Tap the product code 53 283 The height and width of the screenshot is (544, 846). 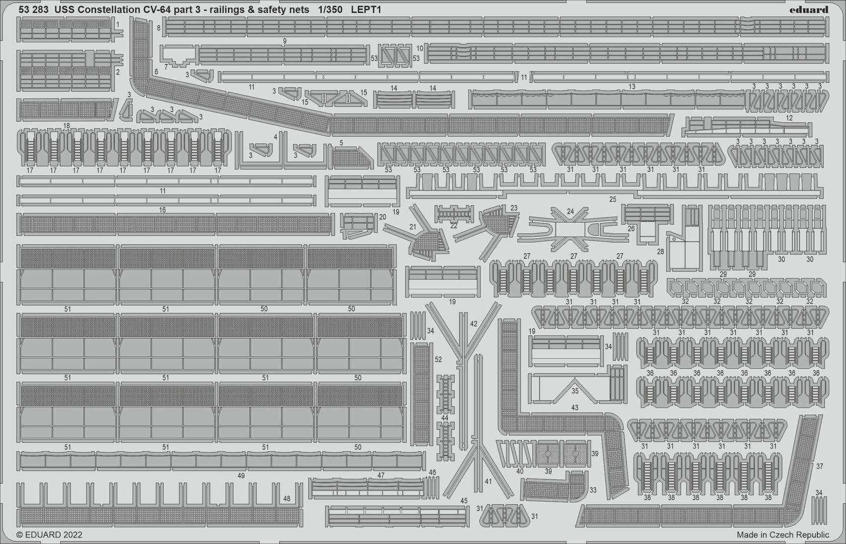[x=33, y=10]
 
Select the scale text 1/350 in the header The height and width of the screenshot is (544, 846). [x=330, y=10]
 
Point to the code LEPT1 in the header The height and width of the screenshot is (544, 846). [x=366, y=10]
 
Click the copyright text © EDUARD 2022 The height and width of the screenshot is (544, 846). [x=49, y=534]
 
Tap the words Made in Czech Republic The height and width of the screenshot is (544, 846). [x=783, y=534]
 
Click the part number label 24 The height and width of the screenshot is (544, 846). [x=570, y=212]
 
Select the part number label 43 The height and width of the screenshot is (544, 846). [x=575, y=407]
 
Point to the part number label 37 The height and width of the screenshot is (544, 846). [x=820, y=466]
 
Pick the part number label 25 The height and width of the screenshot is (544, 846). [x=612, y=199]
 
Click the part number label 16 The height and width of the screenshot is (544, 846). [x=162, y=210]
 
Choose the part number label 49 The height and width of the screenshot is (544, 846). [x=241, y=475]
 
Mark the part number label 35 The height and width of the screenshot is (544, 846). [x=575, y=391]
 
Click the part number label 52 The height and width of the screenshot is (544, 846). [x=438, y=360]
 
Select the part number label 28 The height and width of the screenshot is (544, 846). [x=660, y=252]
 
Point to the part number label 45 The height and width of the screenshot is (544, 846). [x=464, y=501]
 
